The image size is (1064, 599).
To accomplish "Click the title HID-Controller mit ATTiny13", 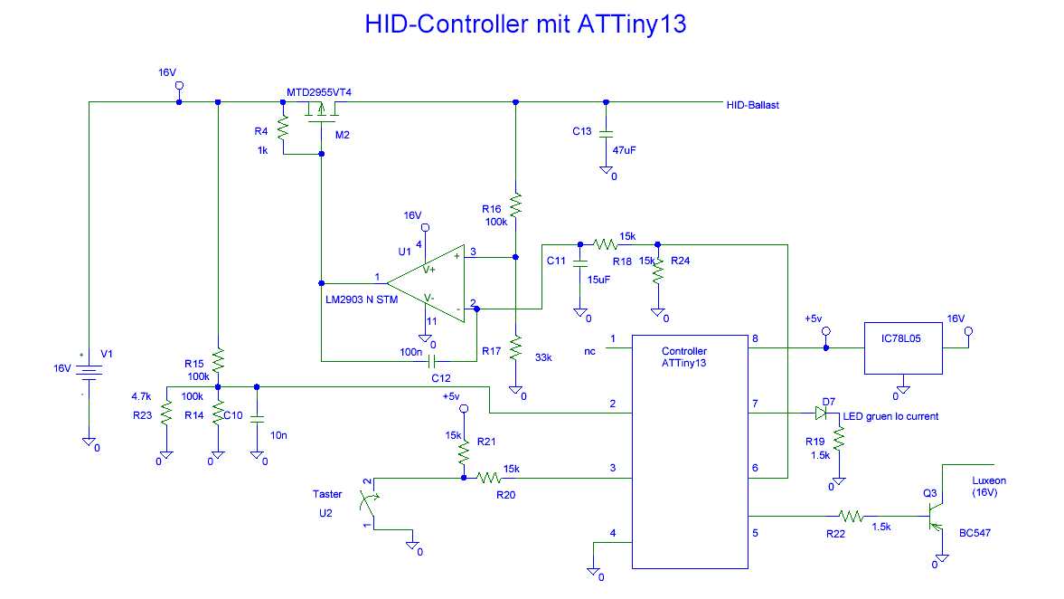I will point(525,24).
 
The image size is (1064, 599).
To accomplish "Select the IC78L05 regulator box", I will point(903,347).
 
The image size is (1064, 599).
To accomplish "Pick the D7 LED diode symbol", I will point(821,413).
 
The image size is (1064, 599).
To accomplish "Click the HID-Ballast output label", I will point(752,105).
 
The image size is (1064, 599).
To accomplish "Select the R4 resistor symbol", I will point(282,129).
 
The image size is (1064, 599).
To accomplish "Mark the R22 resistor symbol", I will point(851,516).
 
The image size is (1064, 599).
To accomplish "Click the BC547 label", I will point(975,533).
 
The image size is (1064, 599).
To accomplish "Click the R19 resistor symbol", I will point(839,440).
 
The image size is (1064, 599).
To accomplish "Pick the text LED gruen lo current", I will point(890,416).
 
